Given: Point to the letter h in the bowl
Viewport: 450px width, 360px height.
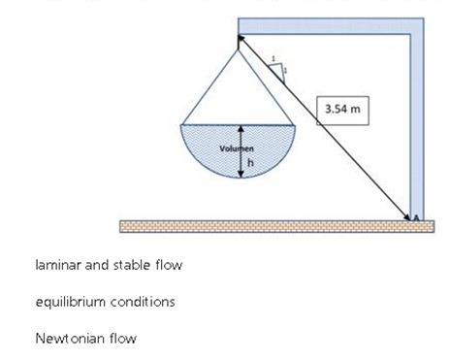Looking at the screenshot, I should (x=249, y=161).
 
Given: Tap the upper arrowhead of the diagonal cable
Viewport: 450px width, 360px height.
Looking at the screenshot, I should (x=241, y=41).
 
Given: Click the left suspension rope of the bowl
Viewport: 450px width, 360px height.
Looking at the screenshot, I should (x=210, y=87).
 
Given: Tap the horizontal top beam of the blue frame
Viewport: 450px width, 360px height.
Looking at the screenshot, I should (x=330, y=24).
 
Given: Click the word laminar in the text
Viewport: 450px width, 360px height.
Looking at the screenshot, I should (x=56, y=265).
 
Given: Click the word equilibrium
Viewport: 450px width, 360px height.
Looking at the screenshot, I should (x=69, y=302).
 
